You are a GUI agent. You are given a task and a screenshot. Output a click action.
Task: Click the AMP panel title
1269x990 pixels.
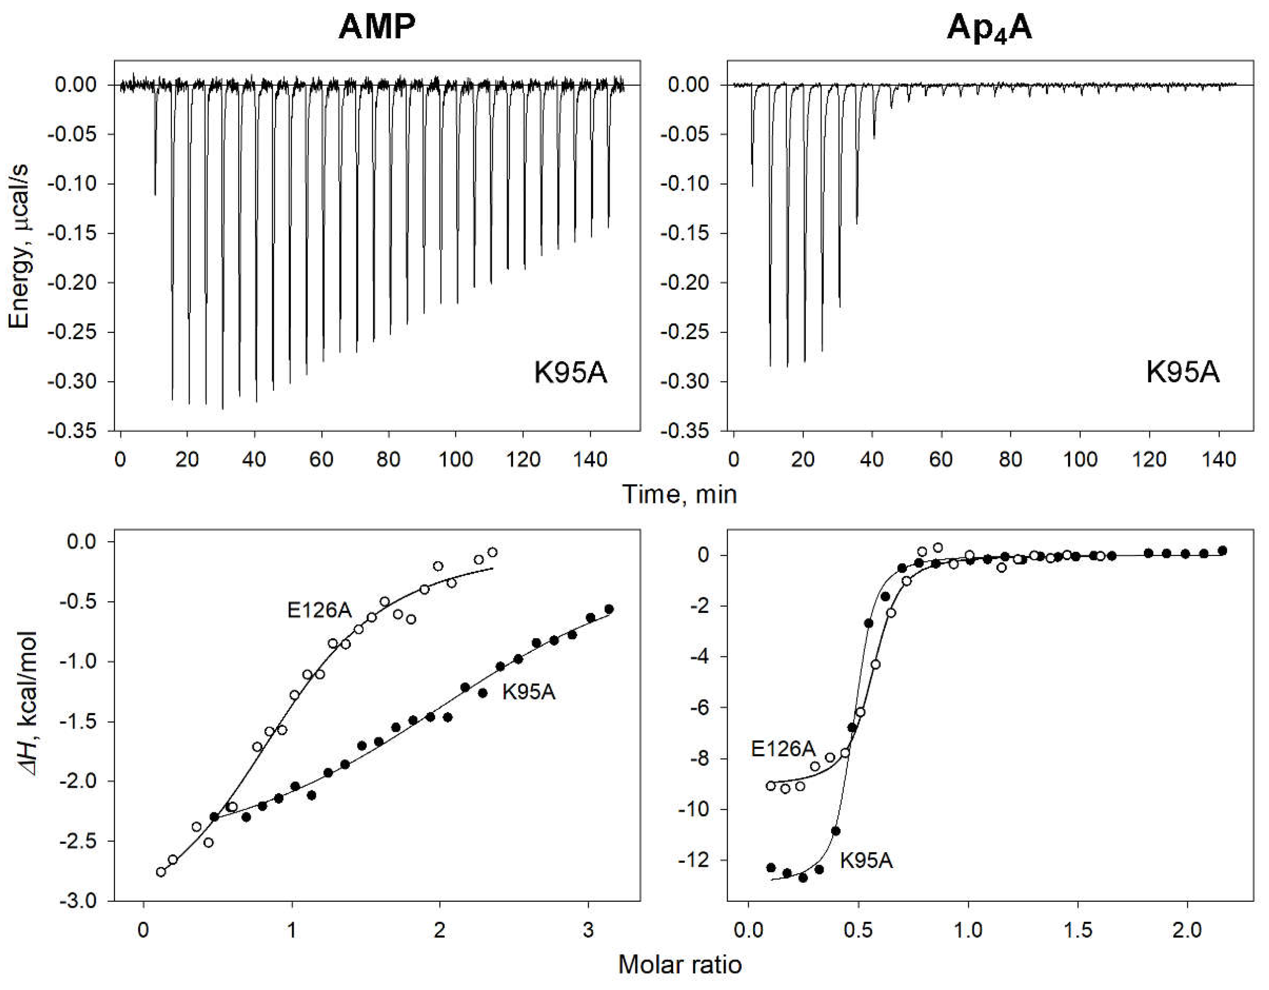coord(378,27)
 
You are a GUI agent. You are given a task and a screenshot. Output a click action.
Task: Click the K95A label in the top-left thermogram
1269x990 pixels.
coord(570,373)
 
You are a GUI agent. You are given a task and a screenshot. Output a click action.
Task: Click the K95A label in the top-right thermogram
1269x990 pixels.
coord(1182,372)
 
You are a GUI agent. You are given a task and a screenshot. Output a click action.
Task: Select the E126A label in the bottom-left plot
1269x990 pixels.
coord(319,611)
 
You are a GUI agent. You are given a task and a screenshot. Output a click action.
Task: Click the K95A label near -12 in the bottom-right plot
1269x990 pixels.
coord(866,860)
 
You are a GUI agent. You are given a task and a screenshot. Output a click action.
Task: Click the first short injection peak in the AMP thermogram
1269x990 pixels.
coord(155,145)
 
